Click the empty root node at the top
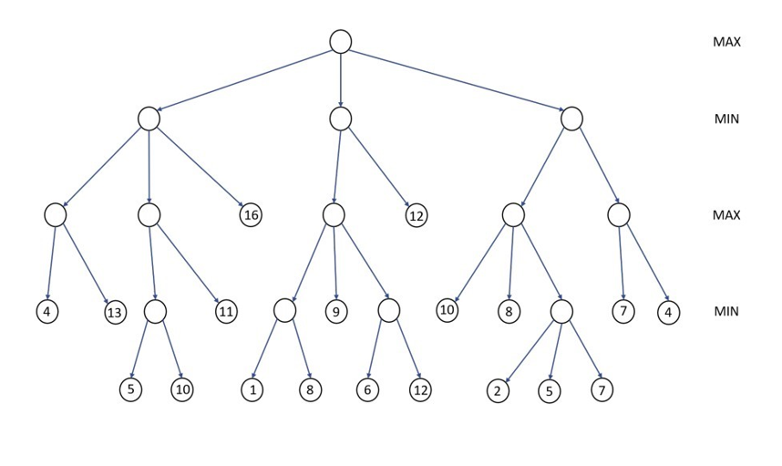340,41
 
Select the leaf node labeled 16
251,215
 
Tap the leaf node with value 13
115,313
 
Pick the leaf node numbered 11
226,312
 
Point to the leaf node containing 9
336,312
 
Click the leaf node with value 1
252,390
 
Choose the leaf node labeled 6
367,390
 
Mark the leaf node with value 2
498,391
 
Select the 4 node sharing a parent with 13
47,312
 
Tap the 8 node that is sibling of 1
311,390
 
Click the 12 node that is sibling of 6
419,390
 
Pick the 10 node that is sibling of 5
181,390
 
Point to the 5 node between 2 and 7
549,391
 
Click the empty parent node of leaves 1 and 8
284,311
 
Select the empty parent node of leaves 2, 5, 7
561,311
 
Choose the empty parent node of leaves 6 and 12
389,311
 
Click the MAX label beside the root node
726,42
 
